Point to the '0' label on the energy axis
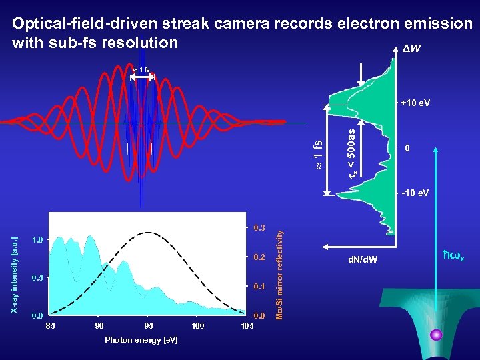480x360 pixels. (407, 148)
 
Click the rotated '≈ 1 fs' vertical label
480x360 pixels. (319, 155)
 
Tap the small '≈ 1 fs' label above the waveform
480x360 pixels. (141, 70)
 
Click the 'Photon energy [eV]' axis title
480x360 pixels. (141, 340)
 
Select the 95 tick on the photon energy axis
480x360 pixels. (148, 326)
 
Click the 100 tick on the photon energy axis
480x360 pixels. (197, 326)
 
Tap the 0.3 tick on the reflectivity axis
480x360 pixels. (259, 228)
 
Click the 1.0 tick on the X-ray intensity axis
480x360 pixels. (39, 239)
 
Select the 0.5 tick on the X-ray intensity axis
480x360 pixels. (39, 277)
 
